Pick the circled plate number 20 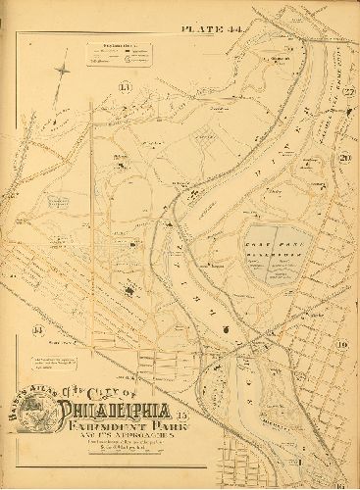(x=343, y=159)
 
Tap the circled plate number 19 (x=342, y=345)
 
